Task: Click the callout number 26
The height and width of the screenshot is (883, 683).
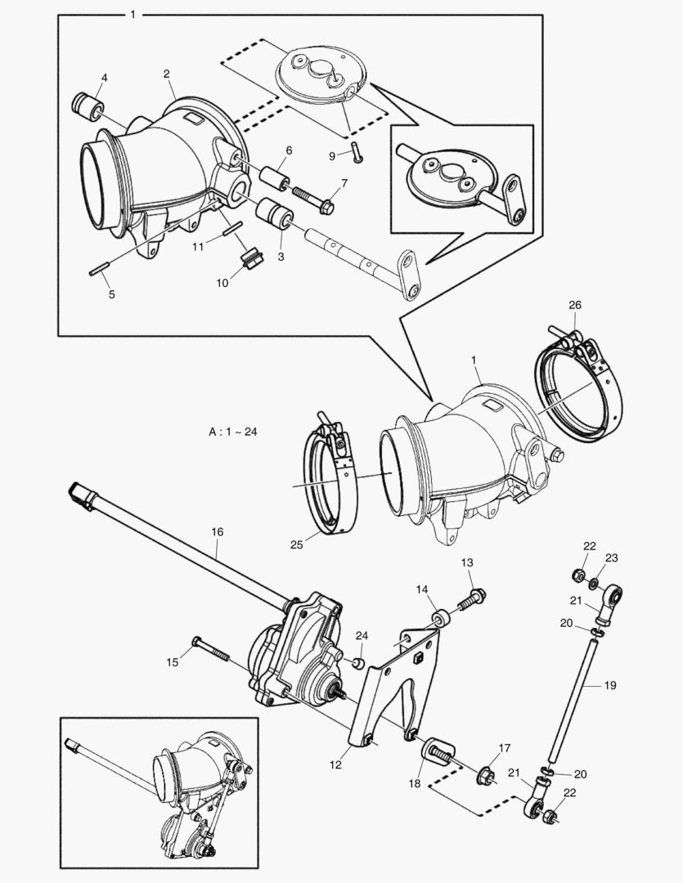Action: click(575, 305)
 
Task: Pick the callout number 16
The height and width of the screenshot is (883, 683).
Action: click(217, 531)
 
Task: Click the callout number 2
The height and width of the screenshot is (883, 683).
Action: click(167, 74)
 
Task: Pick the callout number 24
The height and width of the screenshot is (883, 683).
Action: click(362, 635)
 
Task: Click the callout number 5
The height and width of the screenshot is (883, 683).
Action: click(111, 294)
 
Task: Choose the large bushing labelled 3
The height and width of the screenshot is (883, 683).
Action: click(272, 215)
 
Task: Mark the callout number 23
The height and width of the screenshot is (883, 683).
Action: click(612, 558)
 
